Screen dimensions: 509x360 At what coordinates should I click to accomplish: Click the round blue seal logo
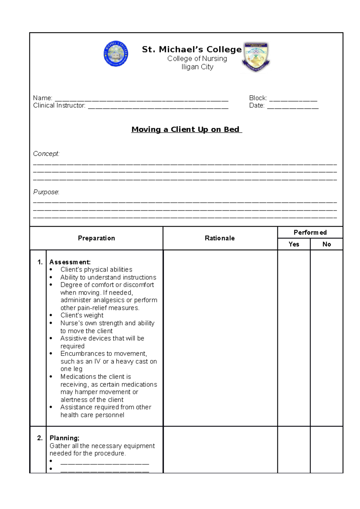click(116, 54)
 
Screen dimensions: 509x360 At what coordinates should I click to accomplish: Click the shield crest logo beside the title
click(256, 57)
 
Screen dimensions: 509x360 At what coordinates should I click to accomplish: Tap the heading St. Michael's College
click(192, 49)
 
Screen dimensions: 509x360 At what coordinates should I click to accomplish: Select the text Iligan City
click(197, 67)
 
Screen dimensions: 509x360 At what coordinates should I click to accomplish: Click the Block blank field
click(293, 99)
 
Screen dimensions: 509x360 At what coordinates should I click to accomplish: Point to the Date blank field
click(292, 106)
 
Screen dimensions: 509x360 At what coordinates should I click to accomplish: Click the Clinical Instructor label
click(59, 106)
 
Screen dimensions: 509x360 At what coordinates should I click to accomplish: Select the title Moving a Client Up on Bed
click(186, 129)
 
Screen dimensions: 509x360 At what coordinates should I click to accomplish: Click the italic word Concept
click(46, 154)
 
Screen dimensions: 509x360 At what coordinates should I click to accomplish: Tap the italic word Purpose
click(46, 192)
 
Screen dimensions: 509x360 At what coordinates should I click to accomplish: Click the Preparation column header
click(96, 238)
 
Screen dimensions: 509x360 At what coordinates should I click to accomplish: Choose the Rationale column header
click(220, 238)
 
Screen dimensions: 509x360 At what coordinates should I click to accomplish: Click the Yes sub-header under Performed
click(294, 244)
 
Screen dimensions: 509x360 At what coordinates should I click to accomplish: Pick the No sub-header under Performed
click(326, 244)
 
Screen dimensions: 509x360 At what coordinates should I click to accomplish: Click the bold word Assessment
click(70, 262)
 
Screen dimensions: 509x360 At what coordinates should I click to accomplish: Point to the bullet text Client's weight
click(82, 315)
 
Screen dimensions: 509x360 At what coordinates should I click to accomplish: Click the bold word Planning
click(64, 438)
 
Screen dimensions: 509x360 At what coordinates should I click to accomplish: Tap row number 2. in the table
click(40, 438)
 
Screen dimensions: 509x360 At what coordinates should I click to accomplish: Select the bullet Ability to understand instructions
click(108, 277)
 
